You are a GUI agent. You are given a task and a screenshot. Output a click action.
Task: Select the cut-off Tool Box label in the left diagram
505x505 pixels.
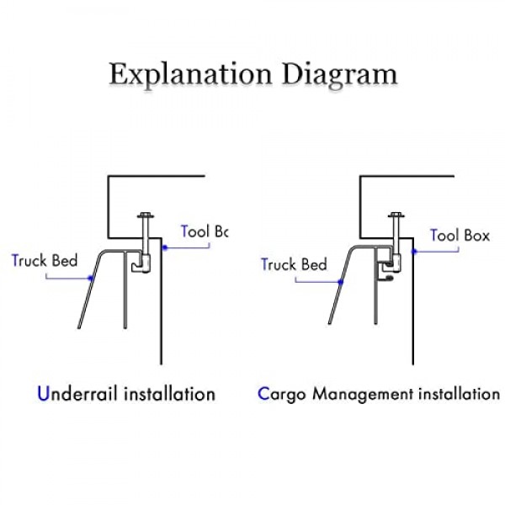[x=205, y=231]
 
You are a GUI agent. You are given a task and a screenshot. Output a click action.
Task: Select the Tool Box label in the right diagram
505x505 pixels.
[x=460, y=235]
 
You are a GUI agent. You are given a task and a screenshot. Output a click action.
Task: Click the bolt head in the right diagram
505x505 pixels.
[x=395, y=217]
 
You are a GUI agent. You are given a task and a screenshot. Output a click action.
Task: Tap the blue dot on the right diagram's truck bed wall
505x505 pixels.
[x=341, y=288]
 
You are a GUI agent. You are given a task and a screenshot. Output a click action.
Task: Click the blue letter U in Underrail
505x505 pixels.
[x=43, y=393]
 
